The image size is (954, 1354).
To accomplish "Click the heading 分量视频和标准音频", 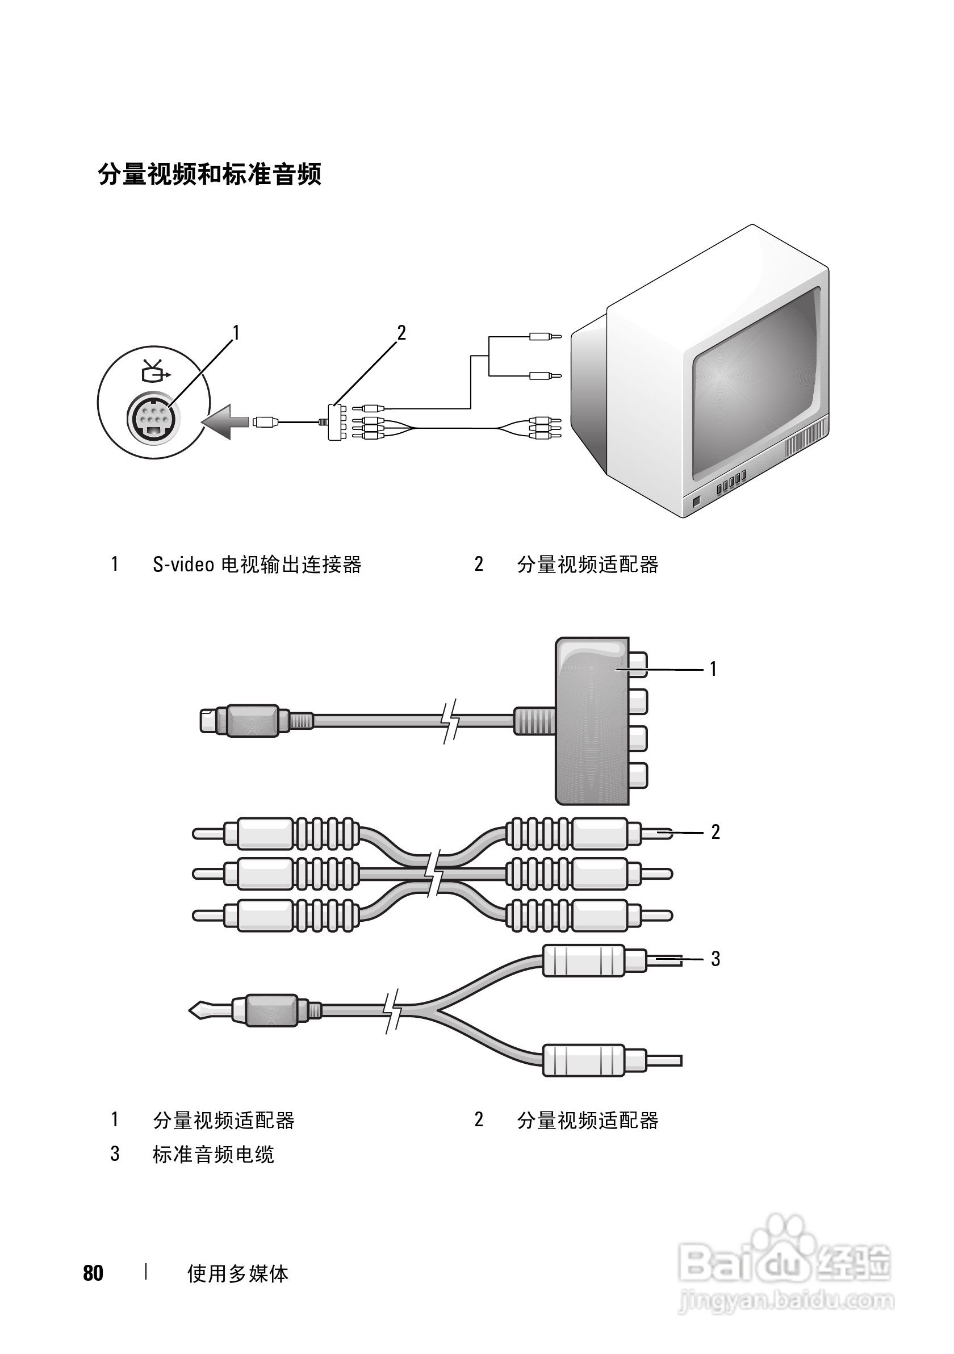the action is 210,174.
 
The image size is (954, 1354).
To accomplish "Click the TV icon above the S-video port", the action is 156,370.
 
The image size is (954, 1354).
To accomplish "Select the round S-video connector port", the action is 153,419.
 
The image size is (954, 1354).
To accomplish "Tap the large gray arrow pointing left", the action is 225,421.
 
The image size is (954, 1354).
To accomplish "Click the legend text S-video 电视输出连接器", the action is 257,565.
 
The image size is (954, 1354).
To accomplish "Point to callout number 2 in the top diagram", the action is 401,333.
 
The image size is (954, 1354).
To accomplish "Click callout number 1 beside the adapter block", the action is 713,668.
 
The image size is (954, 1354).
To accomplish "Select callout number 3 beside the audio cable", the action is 715,959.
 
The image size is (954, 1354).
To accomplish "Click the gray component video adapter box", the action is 592,721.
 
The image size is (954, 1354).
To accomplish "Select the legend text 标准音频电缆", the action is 214,1154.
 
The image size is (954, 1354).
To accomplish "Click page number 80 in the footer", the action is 93,1273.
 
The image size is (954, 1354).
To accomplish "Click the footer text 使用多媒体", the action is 237,1274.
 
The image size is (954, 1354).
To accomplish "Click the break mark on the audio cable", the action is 394,1011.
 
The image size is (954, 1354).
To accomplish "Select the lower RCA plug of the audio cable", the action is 612,1060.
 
